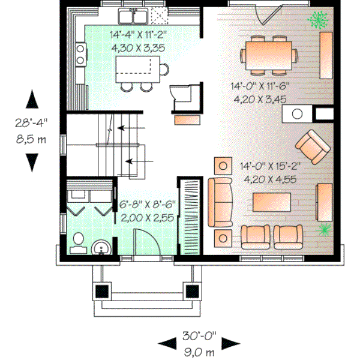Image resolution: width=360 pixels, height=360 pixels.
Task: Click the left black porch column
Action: (104, 291)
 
